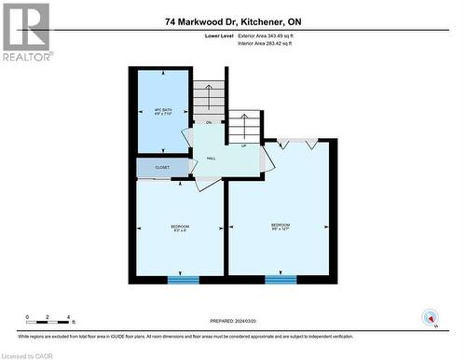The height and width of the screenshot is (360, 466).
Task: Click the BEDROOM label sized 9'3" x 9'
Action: coord(180,228)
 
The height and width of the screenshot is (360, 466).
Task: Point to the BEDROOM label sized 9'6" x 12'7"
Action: coord(280,227)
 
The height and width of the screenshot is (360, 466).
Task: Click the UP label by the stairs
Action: coord(244,146)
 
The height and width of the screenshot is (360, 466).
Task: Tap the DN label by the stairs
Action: coord(209,122)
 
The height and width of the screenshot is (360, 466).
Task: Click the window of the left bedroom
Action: coord(183,279)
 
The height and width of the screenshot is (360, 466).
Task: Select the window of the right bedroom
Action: coord(281,279)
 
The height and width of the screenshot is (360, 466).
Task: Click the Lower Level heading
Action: coord(219,35)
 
